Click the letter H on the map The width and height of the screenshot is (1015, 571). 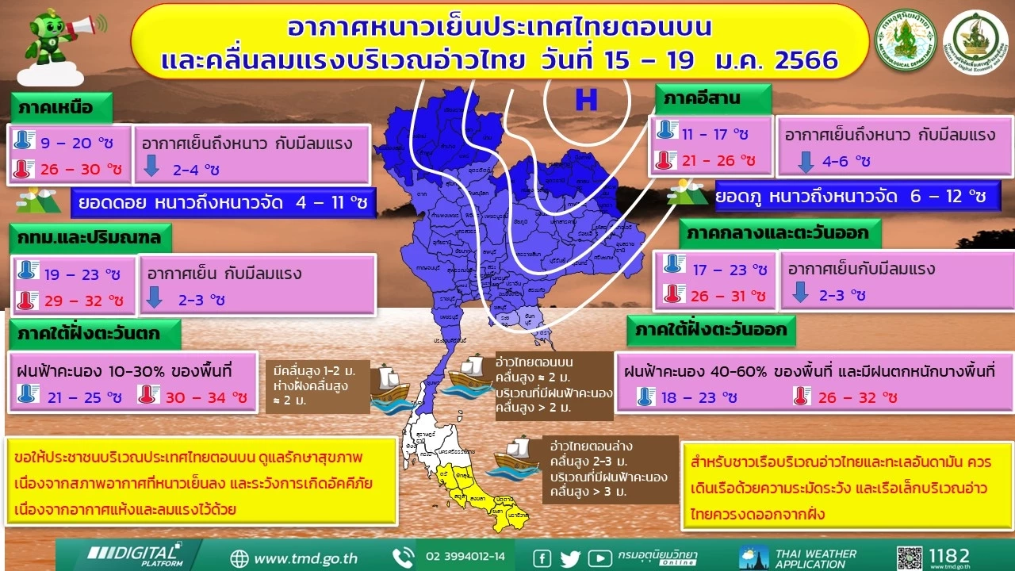pos(586,100)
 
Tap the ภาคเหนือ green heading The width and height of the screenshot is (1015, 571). pos(54,106)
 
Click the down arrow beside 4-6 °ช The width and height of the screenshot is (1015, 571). pos(806,161)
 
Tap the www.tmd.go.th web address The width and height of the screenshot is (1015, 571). pos(305,558)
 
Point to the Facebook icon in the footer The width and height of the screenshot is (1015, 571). pos(543,558)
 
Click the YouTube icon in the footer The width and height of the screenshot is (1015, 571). pos(599,558)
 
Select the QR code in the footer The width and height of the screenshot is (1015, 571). pos(912,558)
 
